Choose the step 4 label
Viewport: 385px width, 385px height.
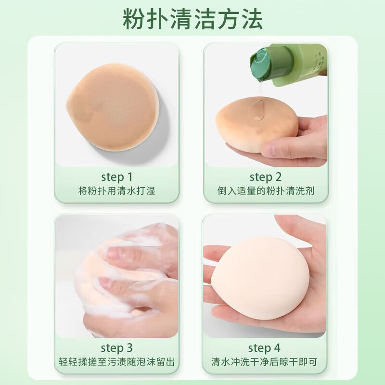click(265, 347)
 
